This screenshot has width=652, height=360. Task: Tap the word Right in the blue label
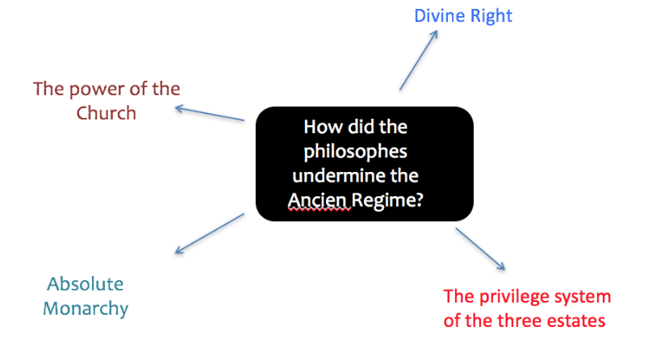[x=492, y=15]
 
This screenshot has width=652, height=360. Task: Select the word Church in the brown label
[x=107, y=113]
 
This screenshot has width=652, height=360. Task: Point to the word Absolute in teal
[x=86, y=284]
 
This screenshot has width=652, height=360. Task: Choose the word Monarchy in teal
[x=86, y=308]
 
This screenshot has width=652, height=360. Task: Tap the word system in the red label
[x=583, y=296]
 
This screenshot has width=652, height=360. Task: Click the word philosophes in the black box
[x=363, y=153]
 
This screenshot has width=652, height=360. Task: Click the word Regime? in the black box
[x=391, y=199]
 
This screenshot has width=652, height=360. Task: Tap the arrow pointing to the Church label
[x=210, y=114]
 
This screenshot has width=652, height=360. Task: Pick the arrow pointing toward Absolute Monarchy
[x=209, y=232]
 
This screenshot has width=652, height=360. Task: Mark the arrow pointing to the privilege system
[x=481, y=249]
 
